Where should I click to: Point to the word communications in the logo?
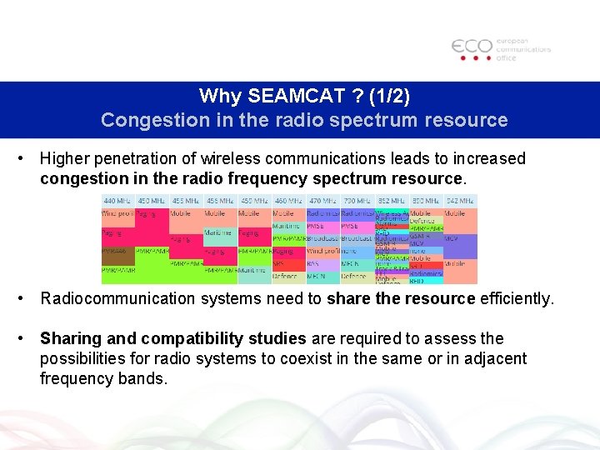tap(523, 49)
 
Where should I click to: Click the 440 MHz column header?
tap(117, 201)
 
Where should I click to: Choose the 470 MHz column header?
tap(322, 201)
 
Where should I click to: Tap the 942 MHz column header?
tap(460, 201)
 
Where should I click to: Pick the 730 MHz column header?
tap(357, 201)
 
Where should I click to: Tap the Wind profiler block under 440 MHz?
tap(117, 213)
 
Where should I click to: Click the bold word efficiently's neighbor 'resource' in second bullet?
tap(445, 298)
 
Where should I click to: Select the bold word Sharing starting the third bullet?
tap(68, 338)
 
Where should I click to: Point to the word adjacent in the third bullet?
tap(499, 358)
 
